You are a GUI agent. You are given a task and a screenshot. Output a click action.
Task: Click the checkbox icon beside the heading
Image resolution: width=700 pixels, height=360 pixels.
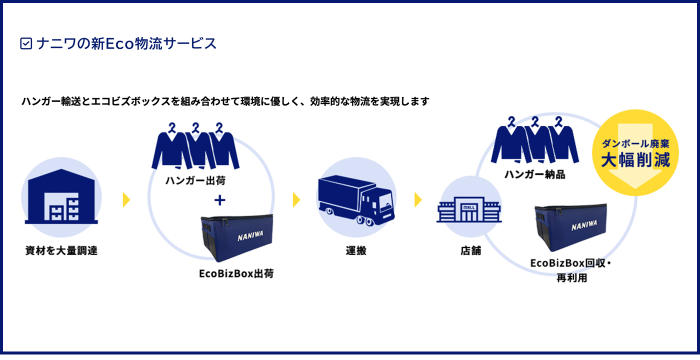pyautogui.click(x=25, y=44)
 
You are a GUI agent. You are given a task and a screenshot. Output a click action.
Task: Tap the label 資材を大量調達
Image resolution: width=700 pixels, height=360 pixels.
pyautogui.click(x=61, y=251)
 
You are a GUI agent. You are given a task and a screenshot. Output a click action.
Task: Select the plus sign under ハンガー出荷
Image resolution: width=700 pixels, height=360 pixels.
pyautogui.click(x=219, y=200)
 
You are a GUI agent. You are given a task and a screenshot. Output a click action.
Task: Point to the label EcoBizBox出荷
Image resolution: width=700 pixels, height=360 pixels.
pyautogui.click(x=236, y=274)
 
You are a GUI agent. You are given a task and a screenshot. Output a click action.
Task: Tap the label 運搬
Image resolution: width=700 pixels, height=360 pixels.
pyautogui.click(x=355, y=251)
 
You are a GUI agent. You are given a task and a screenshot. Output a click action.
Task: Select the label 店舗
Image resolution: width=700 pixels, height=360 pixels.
pyautogui.click(x=470, y=251)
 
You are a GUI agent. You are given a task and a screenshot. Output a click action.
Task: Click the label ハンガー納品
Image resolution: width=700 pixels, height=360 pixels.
pyautogui.click(x=534, y=175)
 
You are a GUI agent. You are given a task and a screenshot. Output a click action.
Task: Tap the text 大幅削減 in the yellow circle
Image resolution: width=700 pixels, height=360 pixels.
pyautogui.click(x=634, y=160)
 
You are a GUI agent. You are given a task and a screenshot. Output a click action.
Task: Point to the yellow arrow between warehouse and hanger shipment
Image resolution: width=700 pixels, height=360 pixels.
pyautogui.click(x=126, y=200)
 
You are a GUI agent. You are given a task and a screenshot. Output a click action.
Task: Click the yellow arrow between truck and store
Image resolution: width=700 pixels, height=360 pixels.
pyautogui.click(x=418, y=200)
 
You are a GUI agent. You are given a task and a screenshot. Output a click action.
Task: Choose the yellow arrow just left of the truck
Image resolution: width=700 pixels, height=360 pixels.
pyautogui.click(x=296, y=200)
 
